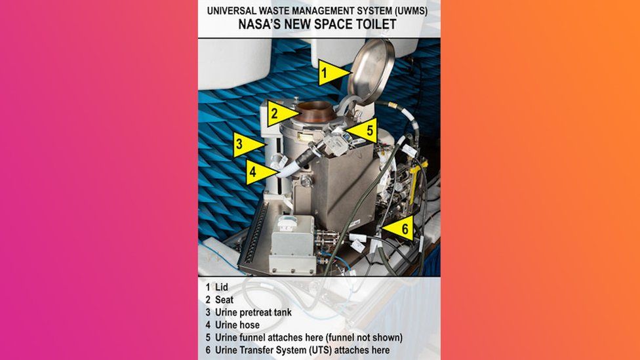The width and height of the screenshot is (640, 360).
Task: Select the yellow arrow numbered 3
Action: (x=247, y=144)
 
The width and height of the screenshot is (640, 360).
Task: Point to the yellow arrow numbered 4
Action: (x=258, y=172)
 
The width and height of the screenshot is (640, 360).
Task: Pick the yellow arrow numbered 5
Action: (x=363, y=130)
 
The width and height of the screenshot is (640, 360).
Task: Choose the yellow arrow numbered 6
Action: (x=399, y=229)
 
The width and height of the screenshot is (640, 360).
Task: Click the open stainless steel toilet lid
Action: (x=370, y=71)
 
